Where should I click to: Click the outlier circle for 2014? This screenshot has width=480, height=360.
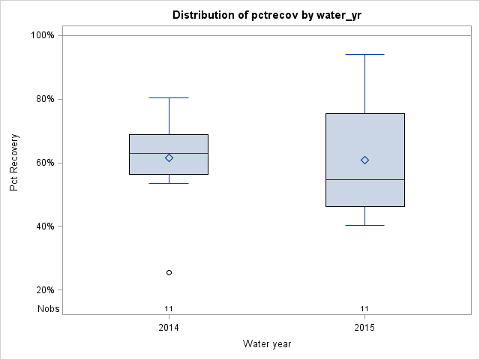(x=169, y=272)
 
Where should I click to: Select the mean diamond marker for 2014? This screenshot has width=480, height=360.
(x=169, y=157)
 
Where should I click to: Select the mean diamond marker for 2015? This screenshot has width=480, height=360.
(x=364, y=160)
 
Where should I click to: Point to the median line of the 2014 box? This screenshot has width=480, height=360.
(x=169, y=153)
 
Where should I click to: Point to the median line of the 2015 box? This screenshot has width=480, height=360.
(x=364, y=179)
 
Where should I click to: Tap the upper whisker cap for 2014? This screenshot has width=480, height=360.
(x=169, y=97)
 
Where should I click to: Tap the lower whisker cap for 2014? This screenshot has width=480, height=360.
(x=169, y=183)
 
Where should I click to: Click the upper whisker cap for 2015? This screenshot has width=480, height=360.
(x=364, y=54)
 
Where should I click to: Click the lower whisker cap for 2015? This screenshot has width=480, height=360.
(x=364, y=225)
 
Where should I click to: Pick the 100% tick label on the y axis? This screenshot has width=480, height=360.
(x=42, y=35)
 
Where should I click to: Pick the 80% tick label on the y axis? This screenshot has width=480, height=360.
(x=44, y=99)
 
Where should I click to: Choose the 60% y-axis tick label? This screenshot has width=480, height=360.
(x=44, y=163)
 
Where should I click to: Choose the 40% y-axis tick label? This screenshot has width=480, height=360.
(x=44, y=226)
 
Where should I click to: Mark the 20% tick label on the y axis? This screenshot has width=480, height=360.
(x=44, y=290)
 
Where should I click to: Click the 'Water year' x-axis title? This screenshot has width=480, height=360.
(x=267, y=343)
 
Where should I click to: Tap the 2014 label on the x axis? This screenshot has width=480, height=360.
(x=169, y=328)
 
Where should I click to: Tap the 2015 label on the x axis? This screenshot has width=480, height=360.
(x=364, y=328)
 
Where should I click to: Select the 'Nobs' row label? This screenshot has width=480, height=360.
(x=49, y=308)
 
